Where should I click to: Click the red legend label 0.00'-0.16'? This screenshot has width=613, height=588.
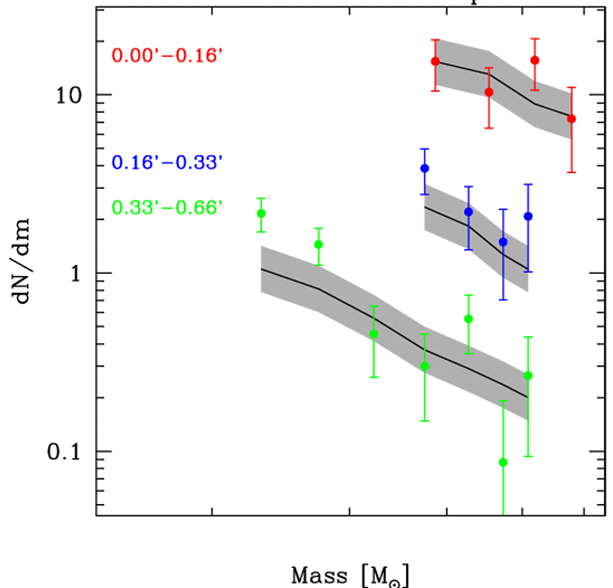[167, 56]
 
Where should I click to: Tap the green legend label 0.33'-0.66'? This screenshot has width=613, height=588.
[167, 206]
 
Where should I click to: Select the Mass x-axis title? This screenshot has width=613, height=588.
[352, 574]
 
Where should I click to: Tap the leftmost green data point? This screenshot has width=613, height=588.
[261, 214]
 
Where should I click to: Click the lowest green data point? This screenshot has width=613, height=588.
[503, 463]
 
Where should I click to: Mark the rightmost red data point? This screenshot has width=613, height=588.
[571, 118]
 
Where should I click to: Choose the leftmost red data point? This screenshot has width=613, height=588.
[435, 61]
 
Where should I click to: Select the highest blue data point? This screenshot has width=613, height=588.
[424, 168]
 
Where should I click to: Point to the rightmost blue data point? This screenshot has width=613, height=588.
[528, 216]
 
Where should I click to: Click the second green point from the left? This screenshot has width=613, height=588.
[318, 244]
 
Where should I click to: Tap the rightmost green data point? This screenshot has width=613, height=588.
[528, 375]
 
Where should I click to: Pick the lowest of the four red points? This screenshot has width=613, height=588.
[571, 118]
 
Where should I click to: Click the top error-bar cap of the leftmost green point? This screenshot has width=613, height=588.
[261, 198]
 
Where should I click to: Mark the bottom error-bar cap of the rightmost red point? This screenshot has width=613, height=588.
[571, 172]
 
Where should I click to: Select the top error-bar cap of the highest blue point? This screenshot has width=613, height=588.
[424, 149]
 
